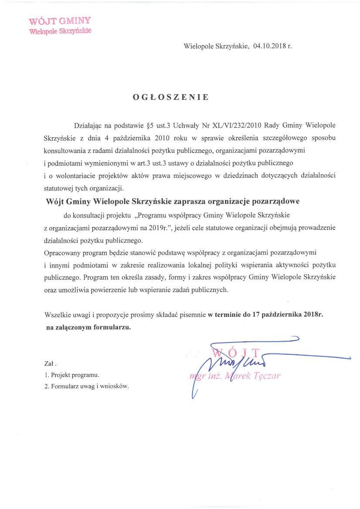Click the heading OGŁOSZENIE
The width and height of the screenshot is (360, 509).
(171, 97)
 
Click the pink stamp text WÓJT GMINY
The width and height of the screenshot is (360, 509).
(60, 21)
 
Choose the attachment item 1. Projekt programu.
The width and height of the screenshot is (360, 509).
(72, 375)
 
